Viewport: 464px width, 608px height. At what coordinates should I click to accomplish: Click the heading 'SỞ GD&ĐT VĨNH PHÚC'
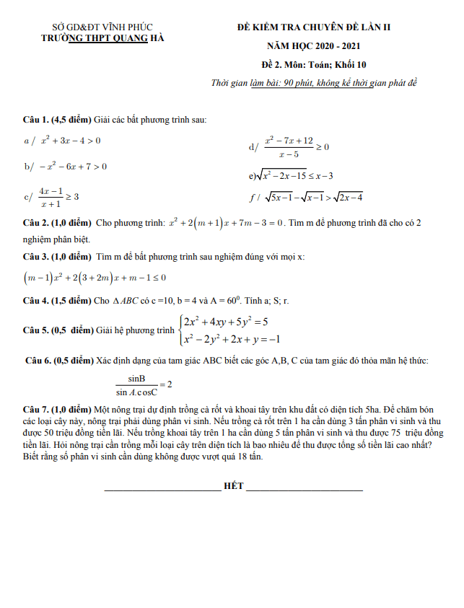[x=102, y=27]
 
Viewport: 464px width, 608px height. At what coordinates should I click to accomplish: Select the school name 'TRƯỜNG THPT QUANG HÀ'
[x=102, y=38]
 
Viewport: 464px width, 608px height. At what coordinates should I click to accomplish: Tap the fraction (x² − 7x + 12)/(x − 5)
[x=289, y=146]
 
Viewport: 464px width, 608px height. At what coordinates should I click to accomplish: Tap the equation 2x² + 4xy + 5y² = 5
[x=226, y=322]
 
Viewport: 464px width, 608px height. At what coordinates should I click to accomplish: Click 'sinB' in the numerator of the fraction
[x=137, y=378]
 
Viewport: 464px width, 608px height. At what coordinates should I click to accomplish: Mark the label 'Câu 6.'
[x=38, y=360]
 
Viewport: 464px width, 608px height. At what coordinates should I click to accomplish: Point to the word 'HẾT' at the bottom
[x=234, y=488]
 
